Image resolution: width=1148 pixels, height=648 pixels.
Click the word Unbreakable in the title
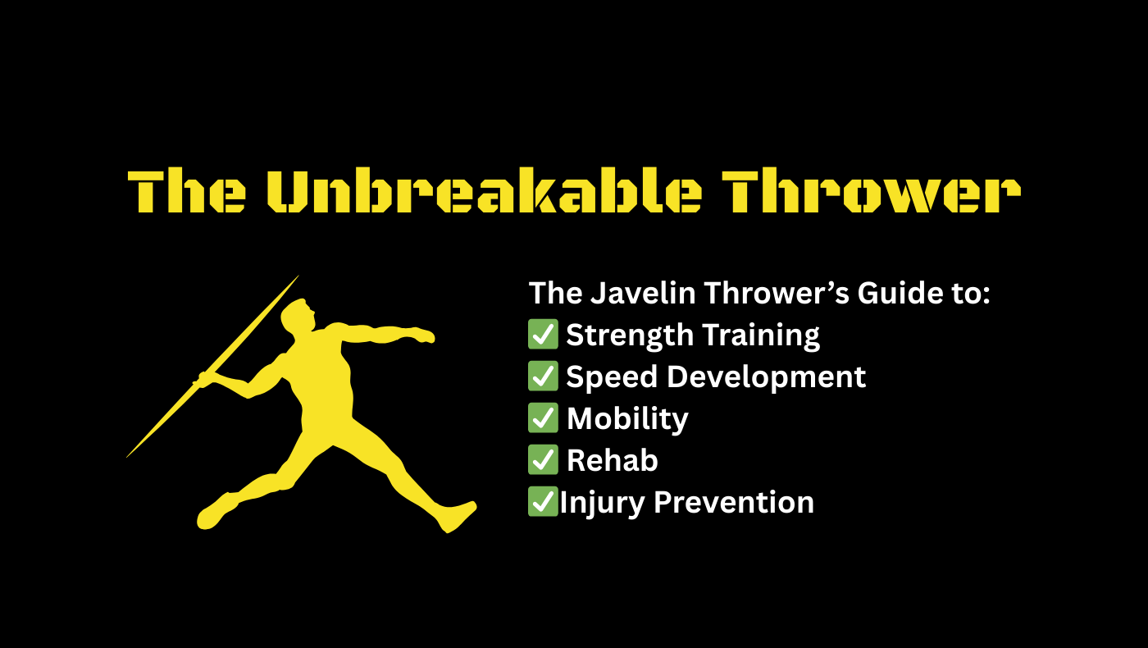485,189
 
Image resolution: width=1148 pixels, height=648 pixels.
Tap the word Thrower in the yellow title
871,190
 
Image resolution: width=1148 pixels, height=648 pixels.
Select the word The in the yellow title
187,190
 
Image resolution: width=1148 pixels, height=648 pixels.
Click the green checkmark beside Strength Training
543,335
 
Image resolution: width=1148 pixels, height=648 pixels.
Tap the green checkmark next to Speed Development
543,376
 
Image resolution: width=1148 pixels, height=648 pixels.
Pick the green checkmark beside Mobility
543,418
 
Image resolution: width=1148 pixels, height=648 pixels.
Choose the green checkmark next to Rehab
543,459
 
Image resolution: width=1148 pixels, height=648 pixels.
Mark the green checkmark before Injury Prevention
543,501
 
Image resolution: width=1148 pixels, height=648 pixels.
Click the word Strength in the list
630,336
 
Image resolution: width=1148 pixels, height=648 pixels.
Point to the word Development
766,378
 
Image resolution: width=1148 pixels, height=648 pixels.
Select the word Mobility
628,420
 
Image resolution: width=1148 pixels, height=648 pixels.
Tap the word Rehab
613,460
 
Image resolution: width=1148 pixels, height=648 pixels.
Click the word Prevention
734,502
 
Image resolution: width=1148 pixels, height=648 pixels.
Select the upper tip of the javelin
298,276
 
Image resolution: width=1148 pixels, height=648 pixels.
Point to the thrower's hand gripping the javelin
204,380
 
